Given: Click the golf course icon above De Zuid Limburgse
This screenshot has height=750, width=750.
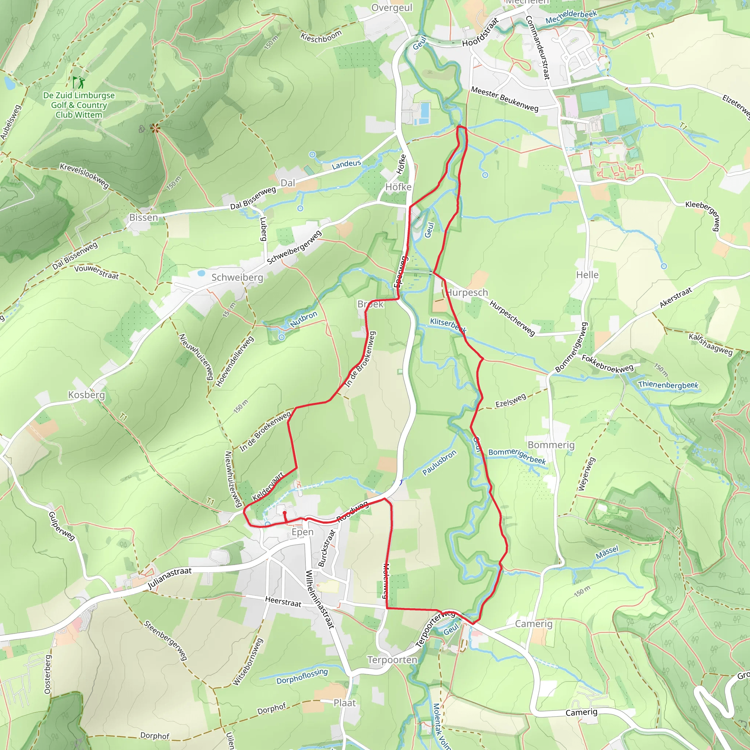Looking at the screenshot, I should pos(78,82).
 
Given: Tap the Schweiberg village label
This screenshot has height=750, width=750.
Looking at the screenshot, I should pos(237,278).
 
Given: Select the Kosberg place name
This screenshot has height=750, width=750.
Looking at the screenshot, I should pos(86,395).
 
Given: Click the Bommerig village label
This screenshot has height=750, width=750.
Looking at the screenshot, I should pos(551,445).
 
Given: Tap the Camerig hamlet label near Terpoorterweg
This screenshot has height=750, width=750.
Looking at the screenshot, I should pos(533,623).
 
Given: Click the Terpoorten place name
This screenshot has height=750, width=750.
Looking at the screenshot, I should pos(392,660).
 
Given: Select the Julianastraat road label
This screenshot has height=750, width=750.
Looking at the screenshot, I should pos(170,579).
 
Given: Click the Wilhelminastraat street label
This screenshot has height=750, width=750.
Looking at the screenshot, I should pos(319,599).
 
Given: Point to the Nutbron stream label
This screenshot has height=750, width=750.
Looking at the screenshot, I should pos(304,319).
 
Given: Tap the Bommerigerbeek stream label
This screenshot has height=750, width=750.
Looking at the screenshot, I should pos(517,457).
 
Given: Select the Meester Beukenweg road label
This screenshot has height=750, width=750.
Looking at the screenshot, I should pos(504,99).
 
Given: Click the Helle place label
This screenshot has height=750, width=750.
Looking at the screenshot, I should pos(587,275).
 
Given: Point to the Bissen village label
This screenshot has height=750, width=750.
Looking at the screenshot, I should pos(143,218).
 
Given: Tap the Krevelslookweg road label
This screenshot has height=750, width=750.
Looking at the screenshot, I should pos(84,176).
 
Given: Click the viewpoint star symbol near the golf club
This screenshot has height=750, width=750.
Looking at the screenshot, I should pos(155,128).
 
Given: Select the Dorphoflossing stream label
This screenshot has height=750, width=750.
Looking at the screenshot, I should pos(302,676).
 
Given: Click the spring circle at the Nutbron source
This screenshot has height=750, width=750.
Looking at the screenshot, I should pos(282,337).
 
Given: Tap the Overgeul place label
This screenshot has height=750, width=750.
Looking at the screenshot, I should pos(391,8).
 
